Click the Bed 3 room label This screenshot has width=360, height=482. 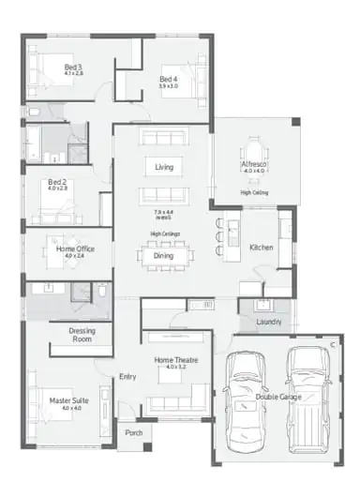[74, 68]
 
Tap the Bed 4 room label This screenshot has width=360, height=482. [168, 79]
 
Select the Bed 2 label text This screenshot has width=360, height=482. [58, 183]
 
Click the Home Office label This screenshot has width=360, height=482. [75, 249]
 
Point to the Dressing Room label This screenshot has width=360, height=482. [87, 335]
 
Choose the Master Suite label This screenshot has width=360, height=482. [68, 401]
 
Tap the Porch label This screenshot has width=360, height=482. [134, 432]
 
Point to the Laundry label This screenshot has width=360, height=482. [268, 321]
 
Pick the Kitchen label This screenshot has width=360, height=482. [261, 248]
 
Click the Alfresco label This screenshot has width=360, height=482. [254, 164]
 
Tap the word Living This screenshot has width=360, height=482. [164, 167]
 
